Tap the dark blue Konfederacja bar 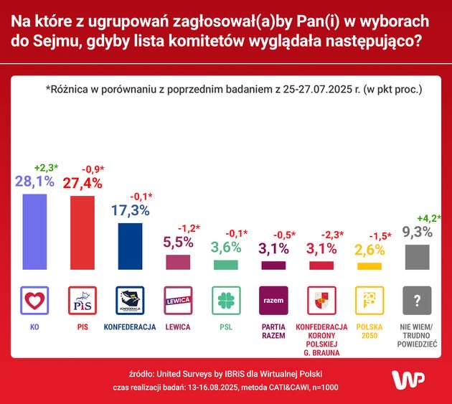click(130, 245)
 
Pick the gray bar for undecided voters click(418, 257)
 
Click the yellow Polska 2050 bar click(369, 266)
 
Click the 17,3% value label click(130, 210)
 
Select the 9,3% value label click(417, 232)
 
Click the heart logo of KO click(34, 300)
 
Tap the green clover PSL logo click(226, 300)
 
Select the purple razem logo click(273, 300)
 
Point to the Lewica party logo click(178, 300)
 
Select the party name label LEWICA click(178, 327)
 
